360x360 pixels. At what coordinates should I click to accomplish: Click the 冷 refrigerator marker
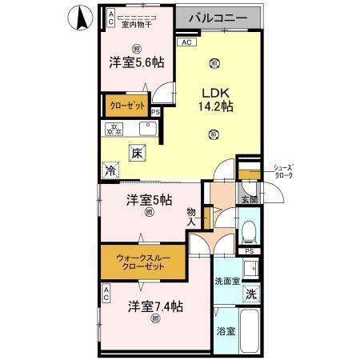click(x=110, y=170)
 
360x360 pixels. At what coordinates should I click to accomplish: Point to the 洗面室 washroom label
click(x=228, y=281)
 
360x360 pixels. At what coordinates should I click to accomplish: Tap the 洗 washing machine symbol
click(x=250, y=294)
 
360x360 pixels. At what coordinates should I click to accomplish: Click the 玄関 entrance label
click(x=248, y=199)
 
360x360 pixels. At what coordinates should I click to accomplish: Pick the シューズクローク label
click(x=283, y=170)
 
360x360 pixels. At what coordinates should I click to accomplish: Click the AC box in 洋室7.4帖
click(x=106, y=295)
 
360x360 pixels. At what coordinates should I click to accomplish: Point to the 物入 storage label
click(x=192, y=218)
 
